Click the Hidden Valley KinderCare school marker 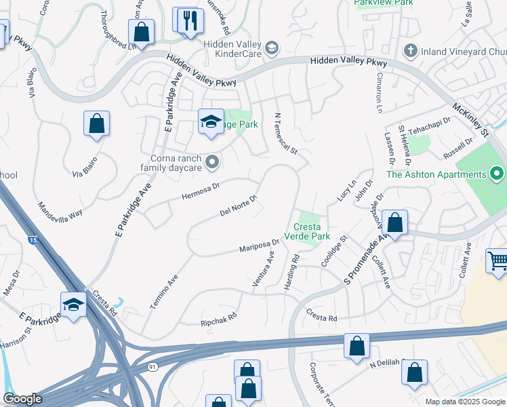(272, 47)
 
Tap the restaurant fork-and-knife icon (188, 20)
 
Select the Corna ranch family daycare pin (212, 161)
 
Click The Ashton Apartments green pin (496, 174)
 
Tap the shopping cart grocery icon (498, 260)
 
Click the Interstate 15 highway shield (33, 240)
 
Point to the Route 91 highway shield (153, 366)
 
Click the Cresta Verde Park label (311, 232)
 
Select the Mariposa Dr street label (259, 245)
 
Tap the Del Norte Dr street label (239, 206)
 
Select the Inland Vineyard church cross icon (409, 51)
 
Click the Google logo (22, 399)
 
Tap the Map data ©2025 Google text (464, 402)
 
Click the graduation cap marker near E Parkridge (73, 305)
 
